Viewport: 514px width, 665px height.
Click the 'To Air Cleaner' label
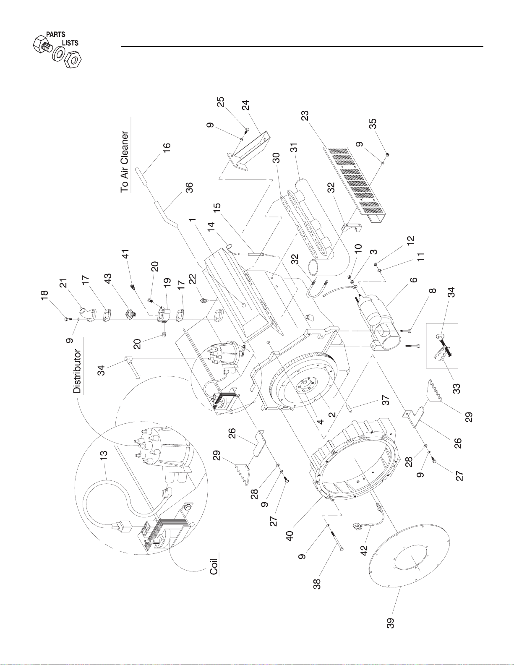pos(125,162)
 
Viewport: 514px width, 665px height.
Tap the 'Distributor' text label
pos(77,371)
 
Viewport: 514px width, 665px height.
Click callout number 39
pos(390,623)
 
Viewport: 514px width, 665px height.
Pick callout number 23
pos(305,116)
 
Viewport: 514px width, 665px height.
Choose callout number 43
pos(108,279)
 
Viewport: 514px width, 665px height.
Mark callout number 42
pos(364,550)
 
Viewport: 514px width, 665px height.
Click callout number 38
pos(317,584)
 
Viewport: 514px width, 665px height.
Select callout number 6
pos(413,280)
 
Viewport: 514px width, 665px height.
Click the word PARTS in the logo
pos(56,34)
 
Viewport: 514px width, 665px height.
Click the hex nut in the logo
pos(73,59)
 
